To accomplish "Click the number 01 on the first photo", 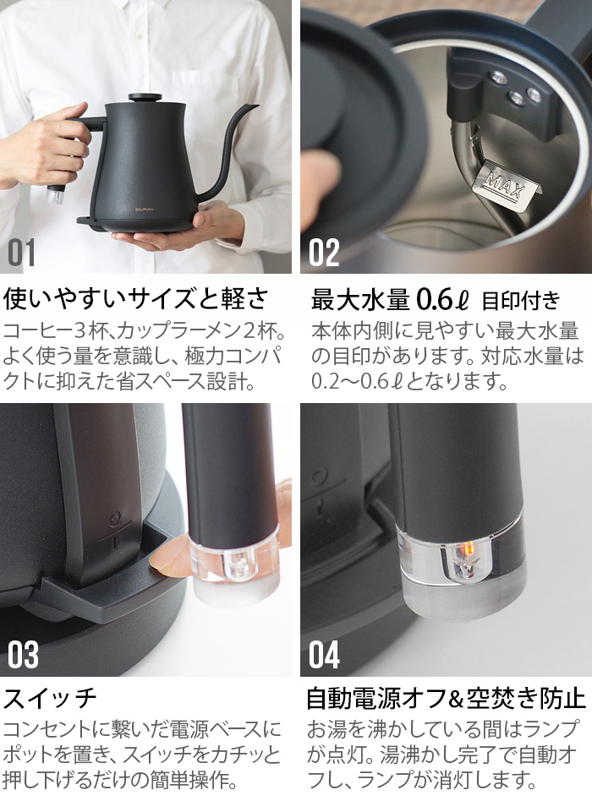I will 23,253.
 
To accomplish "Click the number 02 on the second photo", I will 325,253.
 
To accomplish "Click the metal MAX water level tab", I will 507,182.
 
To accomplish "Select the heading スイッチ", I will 51,699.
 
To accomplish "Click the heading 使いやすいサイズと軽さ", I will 135,298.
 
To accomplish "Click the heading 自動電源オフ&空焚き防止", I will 446,699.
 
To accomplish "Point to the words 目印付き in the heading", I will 520,300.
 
